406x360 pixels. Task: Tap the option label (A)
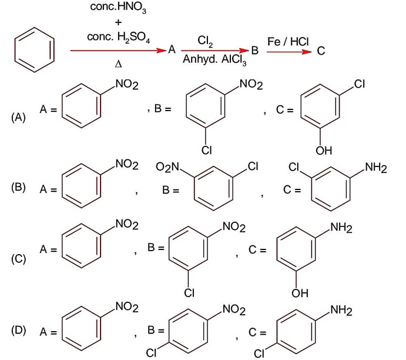coord(19,118)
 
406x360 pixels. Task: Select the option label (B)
coord(19,189)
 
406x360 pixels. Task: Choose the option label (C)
coord(19,258)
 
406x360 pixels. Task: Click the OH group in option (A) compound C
coord(324,151)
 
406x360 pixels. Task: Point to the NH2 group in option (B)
coord(375,169)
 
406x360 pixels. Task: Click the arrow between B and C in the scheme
coord(288,51)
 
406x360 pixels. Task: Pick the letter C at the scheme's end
coord(321,51)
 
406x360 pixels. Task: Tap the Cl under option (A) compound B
coord(206,151)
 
